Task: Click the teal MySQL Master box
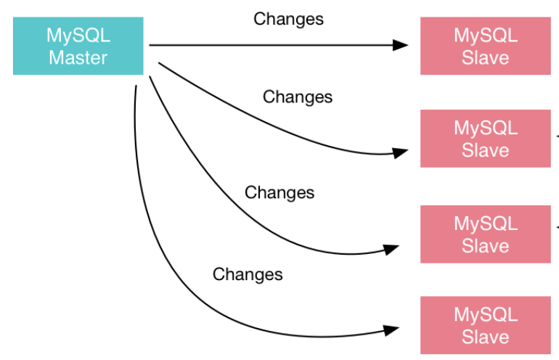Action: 78,46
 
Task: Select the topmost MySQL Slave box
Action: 485,46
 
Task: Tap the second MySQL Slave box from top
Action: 485,139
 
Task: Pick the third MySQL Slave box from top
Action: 485,234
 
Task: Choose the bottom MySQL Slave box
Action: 485,325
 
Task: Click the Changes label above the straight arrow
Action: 288,19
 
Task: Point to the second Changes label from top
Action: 298,97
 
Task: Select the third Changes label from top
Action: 279,192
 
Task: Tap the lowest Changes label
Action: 248,274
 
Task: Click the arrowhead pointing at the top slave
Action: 401,45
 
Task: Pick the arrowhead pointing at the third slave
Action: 393,249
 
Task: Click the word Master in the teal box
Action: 78,57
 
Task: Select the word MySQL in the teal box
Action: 78,35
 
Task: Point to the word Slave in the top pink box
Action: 485,57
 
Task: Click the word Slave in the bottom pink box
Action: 485,337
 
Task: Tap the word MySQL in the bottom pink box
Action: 485,314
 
